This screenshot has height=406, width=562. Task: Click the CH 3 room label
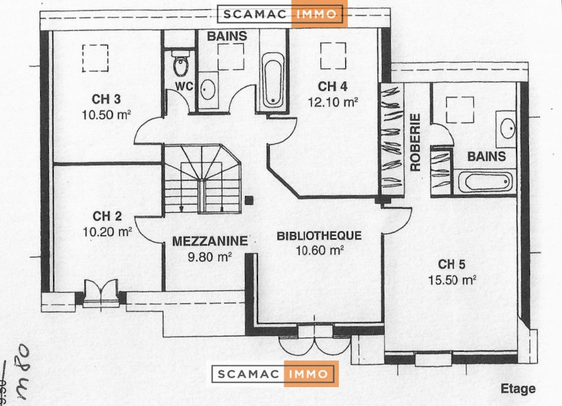click(107, 98)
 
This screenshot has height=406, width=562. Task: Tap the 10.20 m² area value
click(107, 232)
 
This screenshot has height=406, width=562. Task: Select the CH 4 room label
click(333, 86)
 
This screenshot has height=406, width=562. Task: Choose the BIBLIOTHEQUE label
click(319, 236)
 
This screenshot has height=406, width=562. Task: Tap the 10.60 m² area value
click(319, 250)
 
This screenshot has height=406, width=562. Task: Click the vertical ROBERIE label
click(416, 142)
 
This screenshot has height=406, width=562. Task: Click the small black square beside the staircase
click(250, 199)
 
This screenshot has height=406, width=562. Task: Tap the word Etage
click(518, 389)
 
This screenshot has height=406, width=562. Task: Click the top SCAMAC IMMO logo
click(282, 15)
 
